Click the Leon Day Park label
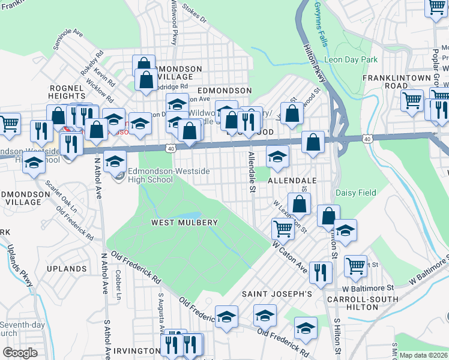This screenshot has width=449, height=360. pos(351,59)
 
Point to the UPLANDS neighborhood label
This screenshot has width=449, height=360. pos(68,269)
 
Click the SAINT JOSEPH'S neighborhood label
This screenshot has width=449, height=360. pos(277,294)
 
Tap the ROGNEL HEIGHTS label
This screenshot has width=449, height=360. pos(67,91)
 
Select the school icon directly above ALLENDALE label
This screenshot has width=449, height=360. pos(277,157)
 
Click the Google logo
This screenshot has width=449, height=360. pos(20,353)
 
